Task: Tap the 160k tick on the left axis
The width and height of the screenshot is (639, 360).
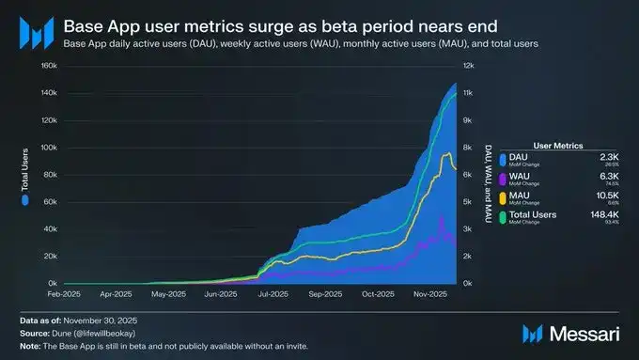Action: pyautogui.click(x=49, y=66)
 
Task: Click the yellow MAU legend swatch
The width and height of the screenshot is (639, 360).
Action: pyautogui.click(x=506, y=198)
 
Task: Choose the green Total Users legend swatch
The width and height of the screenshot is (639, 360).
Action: pyautogui.click(x=506, y=217)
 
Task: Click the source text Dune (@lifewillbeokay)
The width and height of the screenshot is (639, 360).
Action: pyautogui.click(x=91, y=333)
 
